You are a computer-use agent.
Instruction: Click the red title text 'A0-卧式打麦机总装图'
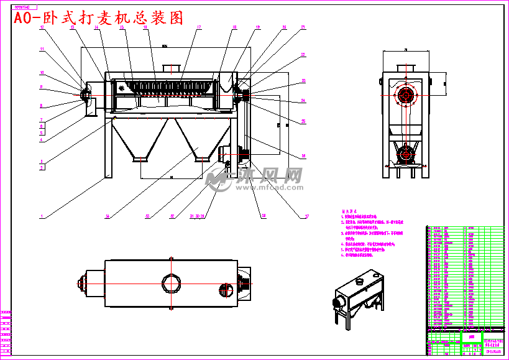pos(99,18)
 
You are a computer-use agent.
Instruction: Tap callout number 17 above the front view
pos(199,27)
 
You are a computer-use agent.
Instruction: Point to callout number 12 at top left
pos(42,28)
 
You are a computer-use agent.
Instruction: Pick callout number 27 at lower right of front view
pos(306,217)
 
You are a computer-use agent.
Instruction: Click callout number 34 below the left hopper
pos(108,217)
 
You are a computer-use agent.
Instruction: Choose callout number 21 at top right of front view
pos(303,27)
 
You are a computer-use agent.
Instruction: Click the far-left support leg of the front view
pos(108,149)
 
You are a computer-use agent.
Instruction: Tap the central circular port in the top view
pos(171,282)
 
